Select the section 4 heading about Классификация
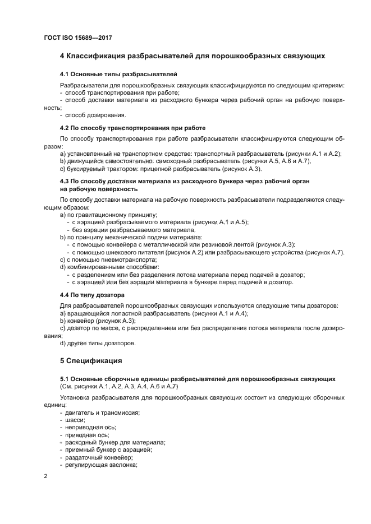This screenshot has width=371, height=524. tap(193, 56)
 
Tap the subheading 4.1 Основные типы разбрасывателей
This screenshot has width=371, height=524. tap(118, 74)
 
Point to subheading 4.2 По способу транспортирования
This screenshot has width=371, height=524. tap(132, 128)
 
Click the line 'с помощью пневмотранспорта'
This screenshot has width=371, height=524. tap(112, 259)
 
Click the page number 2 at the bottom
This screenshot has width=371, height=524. tap(45, 476)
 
